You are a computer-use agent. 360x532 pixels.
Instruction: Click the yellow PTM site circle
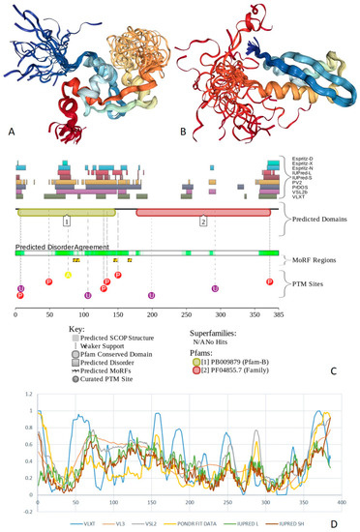pyautogui.click(x=68, y=276)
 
